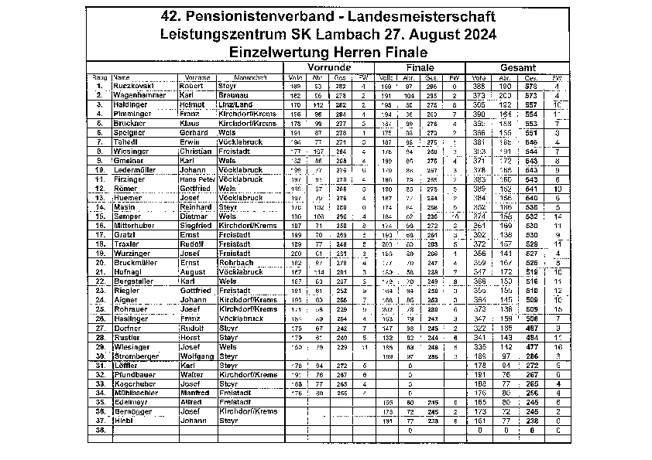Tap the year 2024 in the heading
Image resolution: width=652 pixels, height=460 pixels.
coord(470,34)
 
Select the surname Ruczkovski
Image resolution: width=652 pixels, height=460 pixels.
coord(136,86)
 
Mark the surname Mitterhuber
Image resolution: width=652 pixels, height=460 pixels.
coord(137,225)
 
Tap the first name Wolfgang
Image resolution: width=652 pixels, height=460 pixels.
coord(195,356)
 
